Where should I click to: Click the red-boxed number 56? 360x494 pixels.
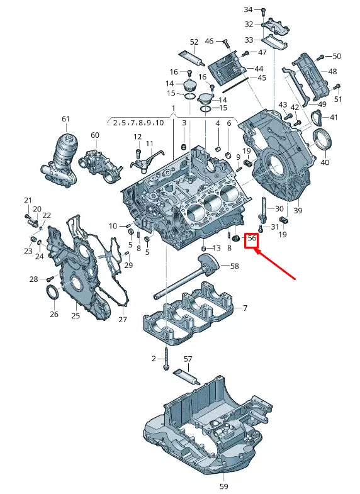(252, 239)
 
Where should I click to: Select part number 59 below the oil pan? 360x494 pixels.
(224, 486)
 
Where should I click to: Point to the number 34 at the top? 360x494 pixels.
(248, 9)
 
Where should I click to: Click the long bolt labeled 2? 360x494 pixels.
(166, 361)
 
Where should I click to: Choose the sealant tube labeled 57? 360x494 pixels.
(186, 376)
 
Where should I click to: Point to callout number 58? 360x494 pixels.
(234, 266)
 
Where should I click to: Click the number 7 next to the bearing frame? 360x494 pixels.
(245, 308)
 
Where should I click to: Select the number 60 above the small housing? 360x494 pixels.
(95, 135)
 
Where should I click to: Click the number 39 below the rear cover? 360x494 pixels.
(298, 210)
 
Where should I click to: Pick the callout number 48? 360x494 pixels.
(332, 72)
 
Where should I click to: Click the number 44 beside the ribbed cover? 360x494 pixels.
(259, 68)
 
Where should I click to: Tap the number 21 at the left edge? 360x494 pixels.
(28, 201)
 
